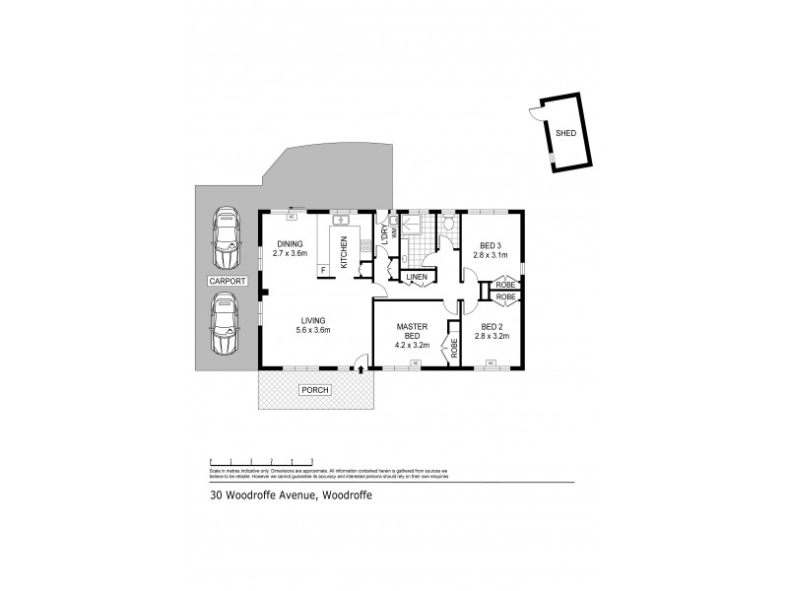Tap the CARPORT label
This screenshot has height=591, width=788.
(228, 281)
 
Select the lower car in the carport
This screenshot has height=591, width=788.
(228, 326)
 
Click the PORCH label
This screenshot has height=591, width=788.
(317, 390)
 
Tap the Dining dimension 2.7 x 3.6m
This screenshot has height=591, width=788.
(291, 253)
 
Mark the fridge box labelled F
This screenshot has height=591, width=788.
(322, 268)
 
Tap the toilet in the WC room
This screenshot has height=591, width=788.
(447, 225)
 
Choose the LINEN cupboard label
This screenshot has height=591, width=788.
(418, 278)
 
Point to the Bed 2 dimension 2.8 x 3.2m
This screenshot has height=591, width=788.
(492, 336)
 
